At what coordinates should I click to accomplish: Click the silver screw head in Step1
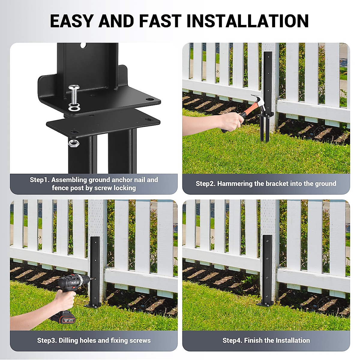(x=74, y=88)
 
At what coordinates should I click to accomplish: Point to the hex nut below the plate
(x=72, y=143)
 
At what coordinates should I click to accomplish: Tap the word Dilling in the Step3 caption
(x=68, y=340)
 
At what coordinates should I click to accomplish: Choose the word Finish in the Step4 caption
(x=253, y=340)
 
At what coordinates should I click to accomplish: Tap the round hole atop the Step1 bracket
(x=83, y=46)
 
